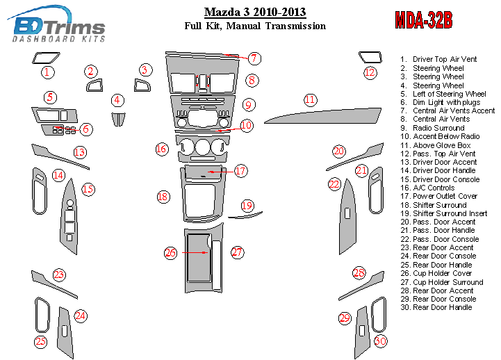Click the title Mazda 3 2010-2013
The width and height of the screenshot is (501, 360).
(x=254, y=12)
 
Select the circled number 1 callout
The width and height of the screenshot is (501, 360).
(x=47, y=72)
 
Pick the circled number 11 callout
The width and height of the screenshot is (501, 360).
(x=310, y=99)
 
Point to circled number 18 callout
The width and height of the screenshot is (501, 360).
(x=163, y=197)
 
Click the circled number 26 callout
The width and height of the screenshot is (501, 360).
(x=170, y=252)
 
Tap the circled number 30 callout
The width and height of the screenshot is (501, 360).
(x=379, y=341)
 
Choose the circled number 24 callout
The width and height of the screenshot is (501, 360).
(x=81, y=316)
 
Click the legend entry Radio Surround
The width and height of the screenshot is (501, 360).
(x=438, y=128)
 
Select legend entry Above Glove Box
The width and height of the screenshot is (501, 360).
(x=441, y=145)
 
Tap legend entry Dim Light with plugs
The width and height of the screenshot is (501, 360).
(x=445, y=102)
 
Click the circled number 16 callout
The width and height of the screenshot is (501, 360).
(x=161, y=149)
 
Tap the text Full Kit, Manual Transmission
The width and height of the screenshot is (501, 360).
(x=254, y=26)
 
